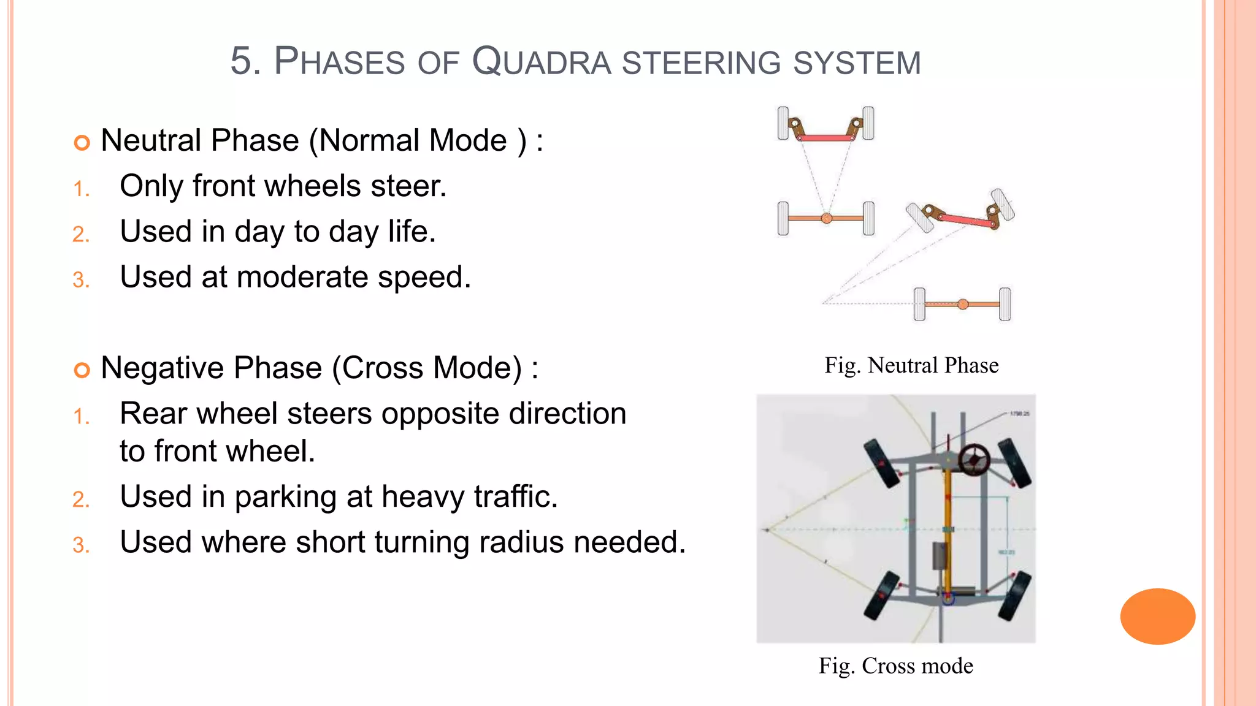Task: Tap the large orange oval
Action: pyautogui.click(x=1157, y=616)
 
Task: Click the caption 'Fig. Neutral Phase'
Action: pyautogui.click(x=911, y=365)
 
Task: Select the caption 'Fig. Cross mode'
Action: pyautogui.click(x=895, y=666)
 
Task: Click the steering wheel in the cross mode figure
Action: pyautogui.click(x=974, y=459)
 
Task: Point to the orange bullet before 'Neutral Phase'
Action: pyautogui.click(x=82, y=143)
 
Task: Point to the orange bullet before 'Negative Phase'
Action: pyautogui.click(x=82, y=370)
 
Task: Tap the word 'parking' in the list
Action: pyautogui.click(x=285, y=497)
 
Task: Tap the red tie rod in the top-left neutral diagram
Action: pyautogui.click(x=826, y=138)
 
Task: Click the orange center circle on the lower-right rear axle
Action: pyautogui.click(x=963, y=304)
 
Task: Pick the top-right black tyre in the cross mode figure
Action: pyautogui.click(x=1015, y=463)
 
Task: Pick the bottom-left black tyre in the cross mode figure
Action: pyautogui.click(x=881, y=595)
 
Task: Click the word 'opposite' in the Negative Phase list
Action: pyautogui.click(x=440, y=414)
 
